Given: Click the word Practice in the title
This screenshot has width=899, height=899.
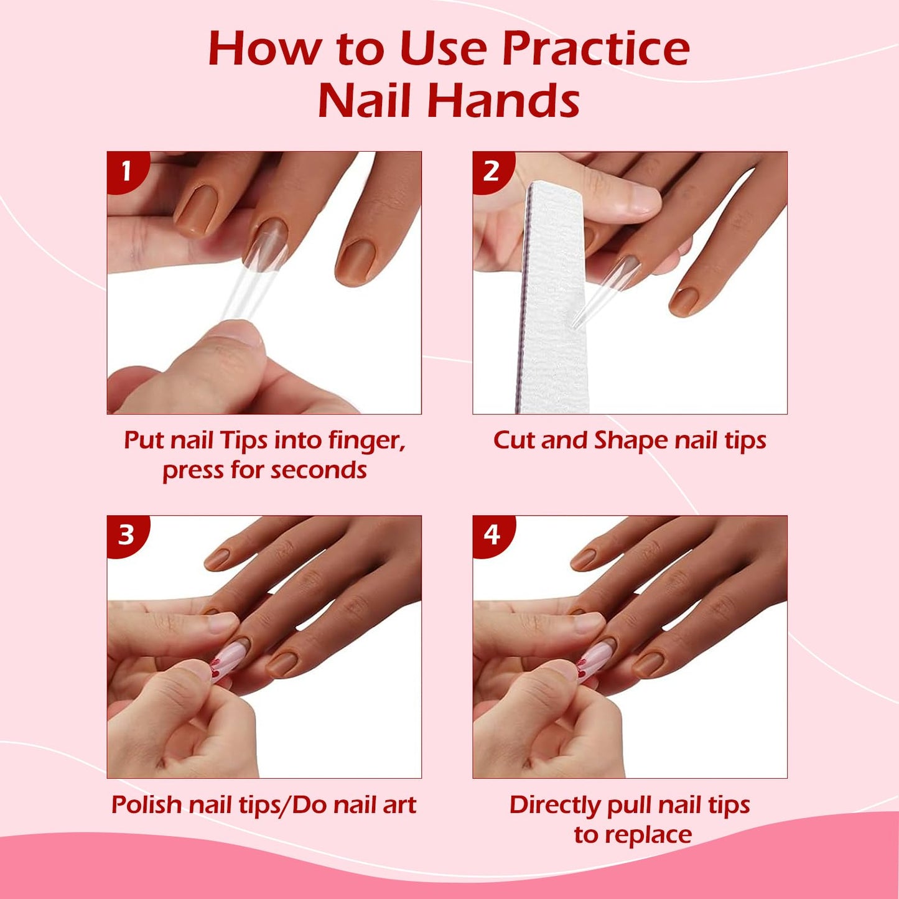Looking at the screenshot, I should [595, 49].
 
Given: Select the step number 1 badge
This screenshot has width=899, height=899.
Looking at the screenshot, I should [126, 170].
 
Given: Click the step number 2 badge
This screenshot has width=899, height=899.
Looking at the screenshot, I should [491, 170].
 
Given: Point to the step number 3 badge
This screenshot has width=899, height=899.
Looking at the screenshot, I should [126, 534].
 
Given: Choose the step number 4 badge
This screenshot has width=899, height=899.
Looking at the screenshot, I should [491, 534].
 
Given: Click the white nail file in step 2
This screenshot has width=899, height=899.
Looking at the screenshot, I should [556, 299].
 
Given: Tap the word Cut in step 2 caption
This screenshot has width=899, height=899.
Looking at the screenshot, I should [514, 440].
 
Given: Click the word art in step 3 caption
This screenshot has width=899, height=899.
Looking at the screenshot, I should [399, 804].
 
